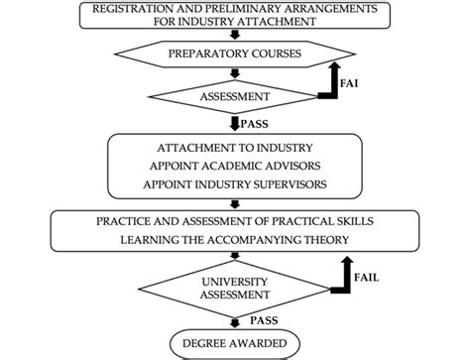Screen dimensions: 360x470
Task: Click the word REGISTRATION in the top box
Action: coord(133,9)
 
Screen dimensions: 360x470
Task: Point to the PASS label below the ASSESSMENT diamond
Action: coord(257,123)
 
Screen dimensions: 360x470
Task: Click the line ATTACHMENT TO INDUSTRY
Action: coord(234,146)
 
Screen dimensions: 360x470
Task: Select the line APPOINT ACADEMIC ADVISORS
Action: coord(234,165)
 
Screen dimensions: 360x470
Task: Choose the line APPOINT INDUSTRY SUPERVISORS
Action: coord(234,183)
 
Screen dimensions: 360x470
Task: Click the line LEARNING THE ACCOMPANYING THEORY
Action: coord(234,239)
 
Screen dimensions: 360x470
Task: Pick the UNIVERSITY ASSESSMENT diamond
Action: coord(234,288)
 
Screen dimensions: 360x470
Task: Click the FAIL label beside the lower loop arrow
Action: coord(367,279)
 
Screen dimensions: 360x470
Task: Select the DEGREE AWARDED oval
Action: coord(234,343)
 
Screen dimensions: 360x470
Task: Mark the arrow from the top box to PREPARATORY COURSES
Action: coord(234,33)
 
